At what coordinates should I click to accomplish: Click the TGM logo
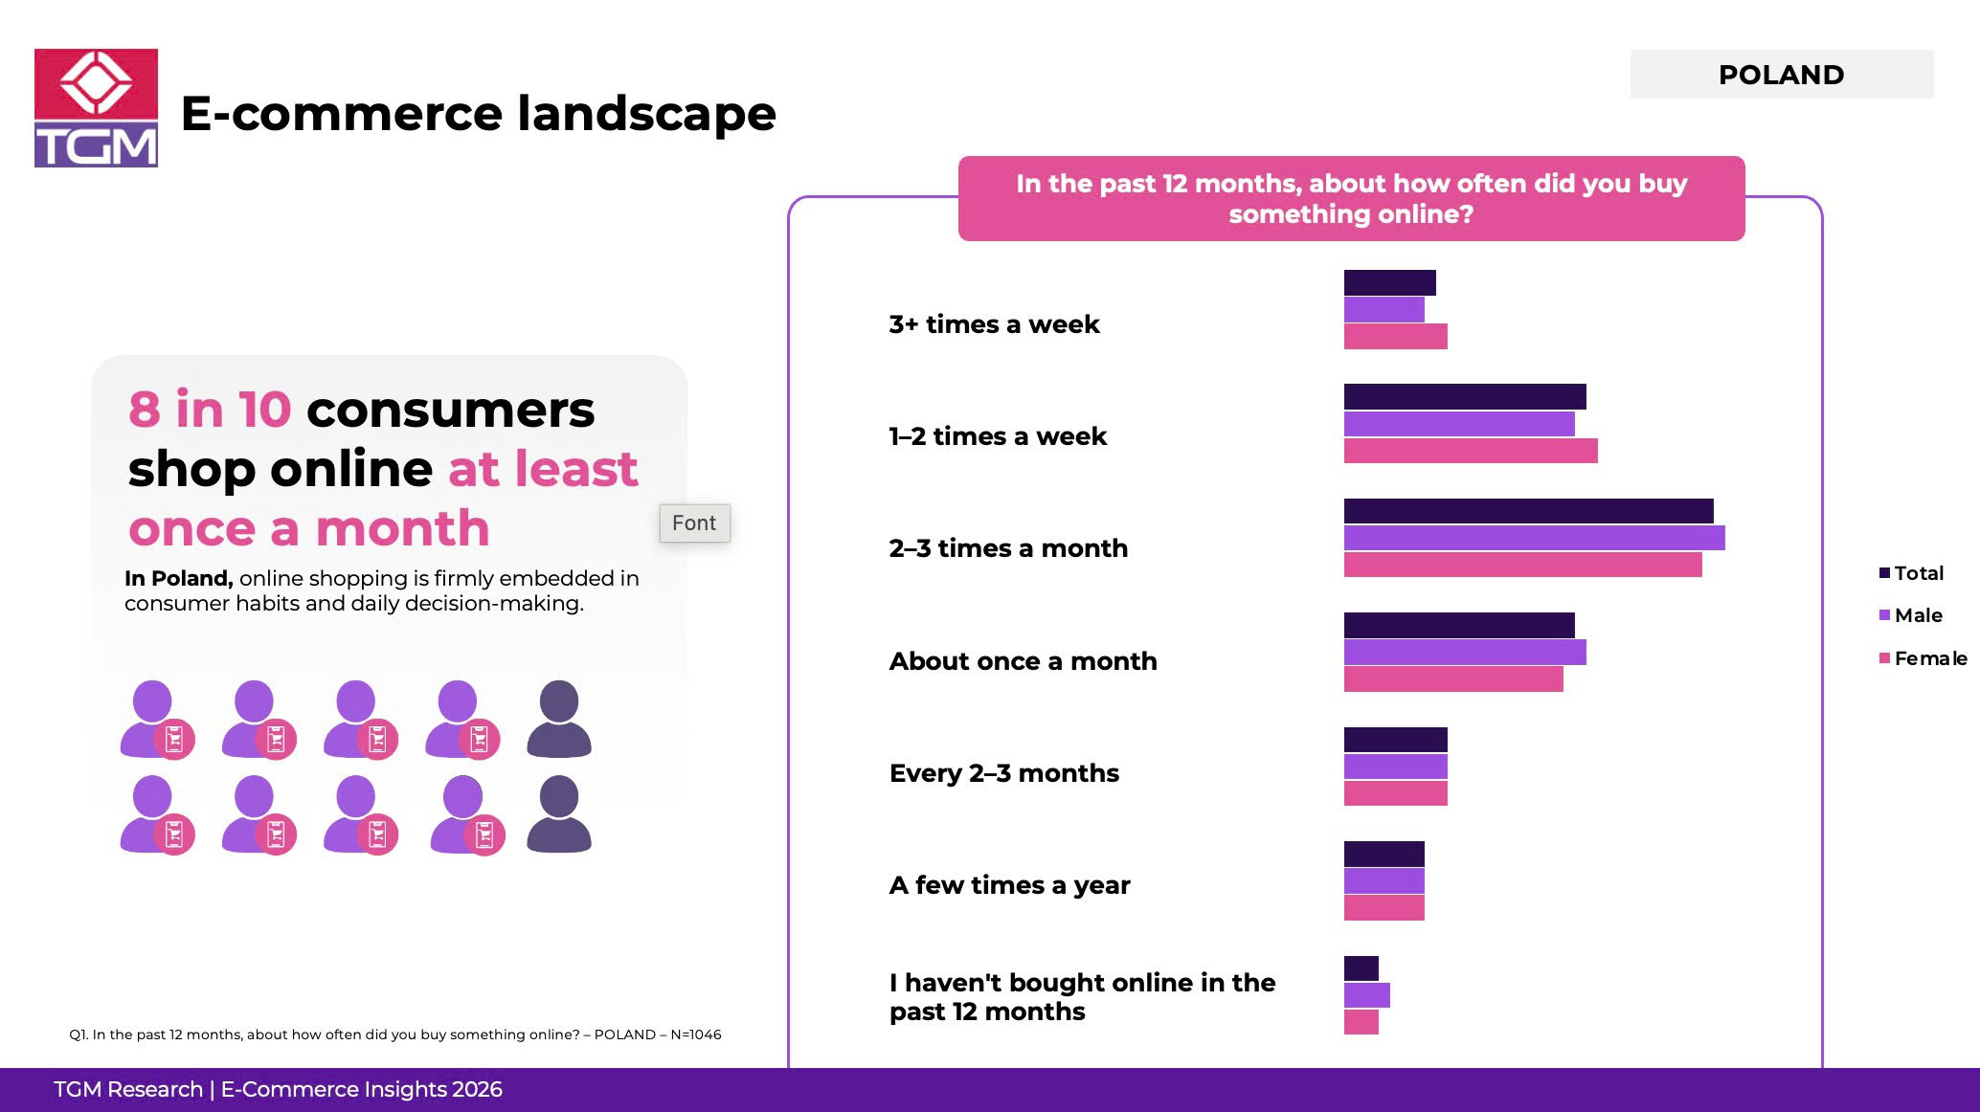point(96,108)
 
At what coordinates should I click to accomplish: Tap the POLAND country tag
point(1782,74)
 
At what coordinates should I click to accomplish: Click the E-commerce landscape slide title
point(478,113)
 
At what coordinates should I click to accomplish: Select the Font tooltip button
point(694,523)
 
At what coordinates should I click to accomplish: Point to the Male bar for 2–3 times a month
point(1534,538)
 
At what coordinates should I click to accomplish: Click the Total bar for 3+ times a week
point(1389,282)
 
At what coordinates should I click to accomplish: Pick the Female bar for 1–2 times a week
point(1471,451)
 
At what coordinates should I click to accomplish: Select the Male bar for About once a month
point(1465,652)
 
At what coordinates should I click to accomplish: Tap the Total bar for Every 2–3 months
point(1395,740)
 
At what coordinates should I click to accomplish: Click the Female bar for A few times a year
point(1384,907)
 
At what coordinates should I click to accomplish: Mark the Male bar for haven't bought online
point(1366,995)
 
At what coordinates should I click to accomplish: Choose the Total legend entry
point(1911,573)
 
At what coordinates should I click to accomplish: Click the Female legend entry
point(1923,658)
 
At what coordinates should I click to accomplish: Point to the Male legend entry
point(1910,615)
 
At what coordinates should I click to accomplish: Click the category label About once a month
point(1023,661)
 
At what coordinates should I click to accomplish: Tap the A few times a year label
point(1009,885)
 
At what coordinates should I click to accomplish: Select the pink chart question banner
point(1351,198)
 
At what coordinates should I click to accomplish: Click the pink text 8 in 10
point(210,410)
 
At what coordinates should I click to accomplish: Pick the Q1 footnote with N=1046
point(395,1034)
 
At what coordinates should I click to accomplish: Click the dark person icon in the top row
point(559,719)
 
